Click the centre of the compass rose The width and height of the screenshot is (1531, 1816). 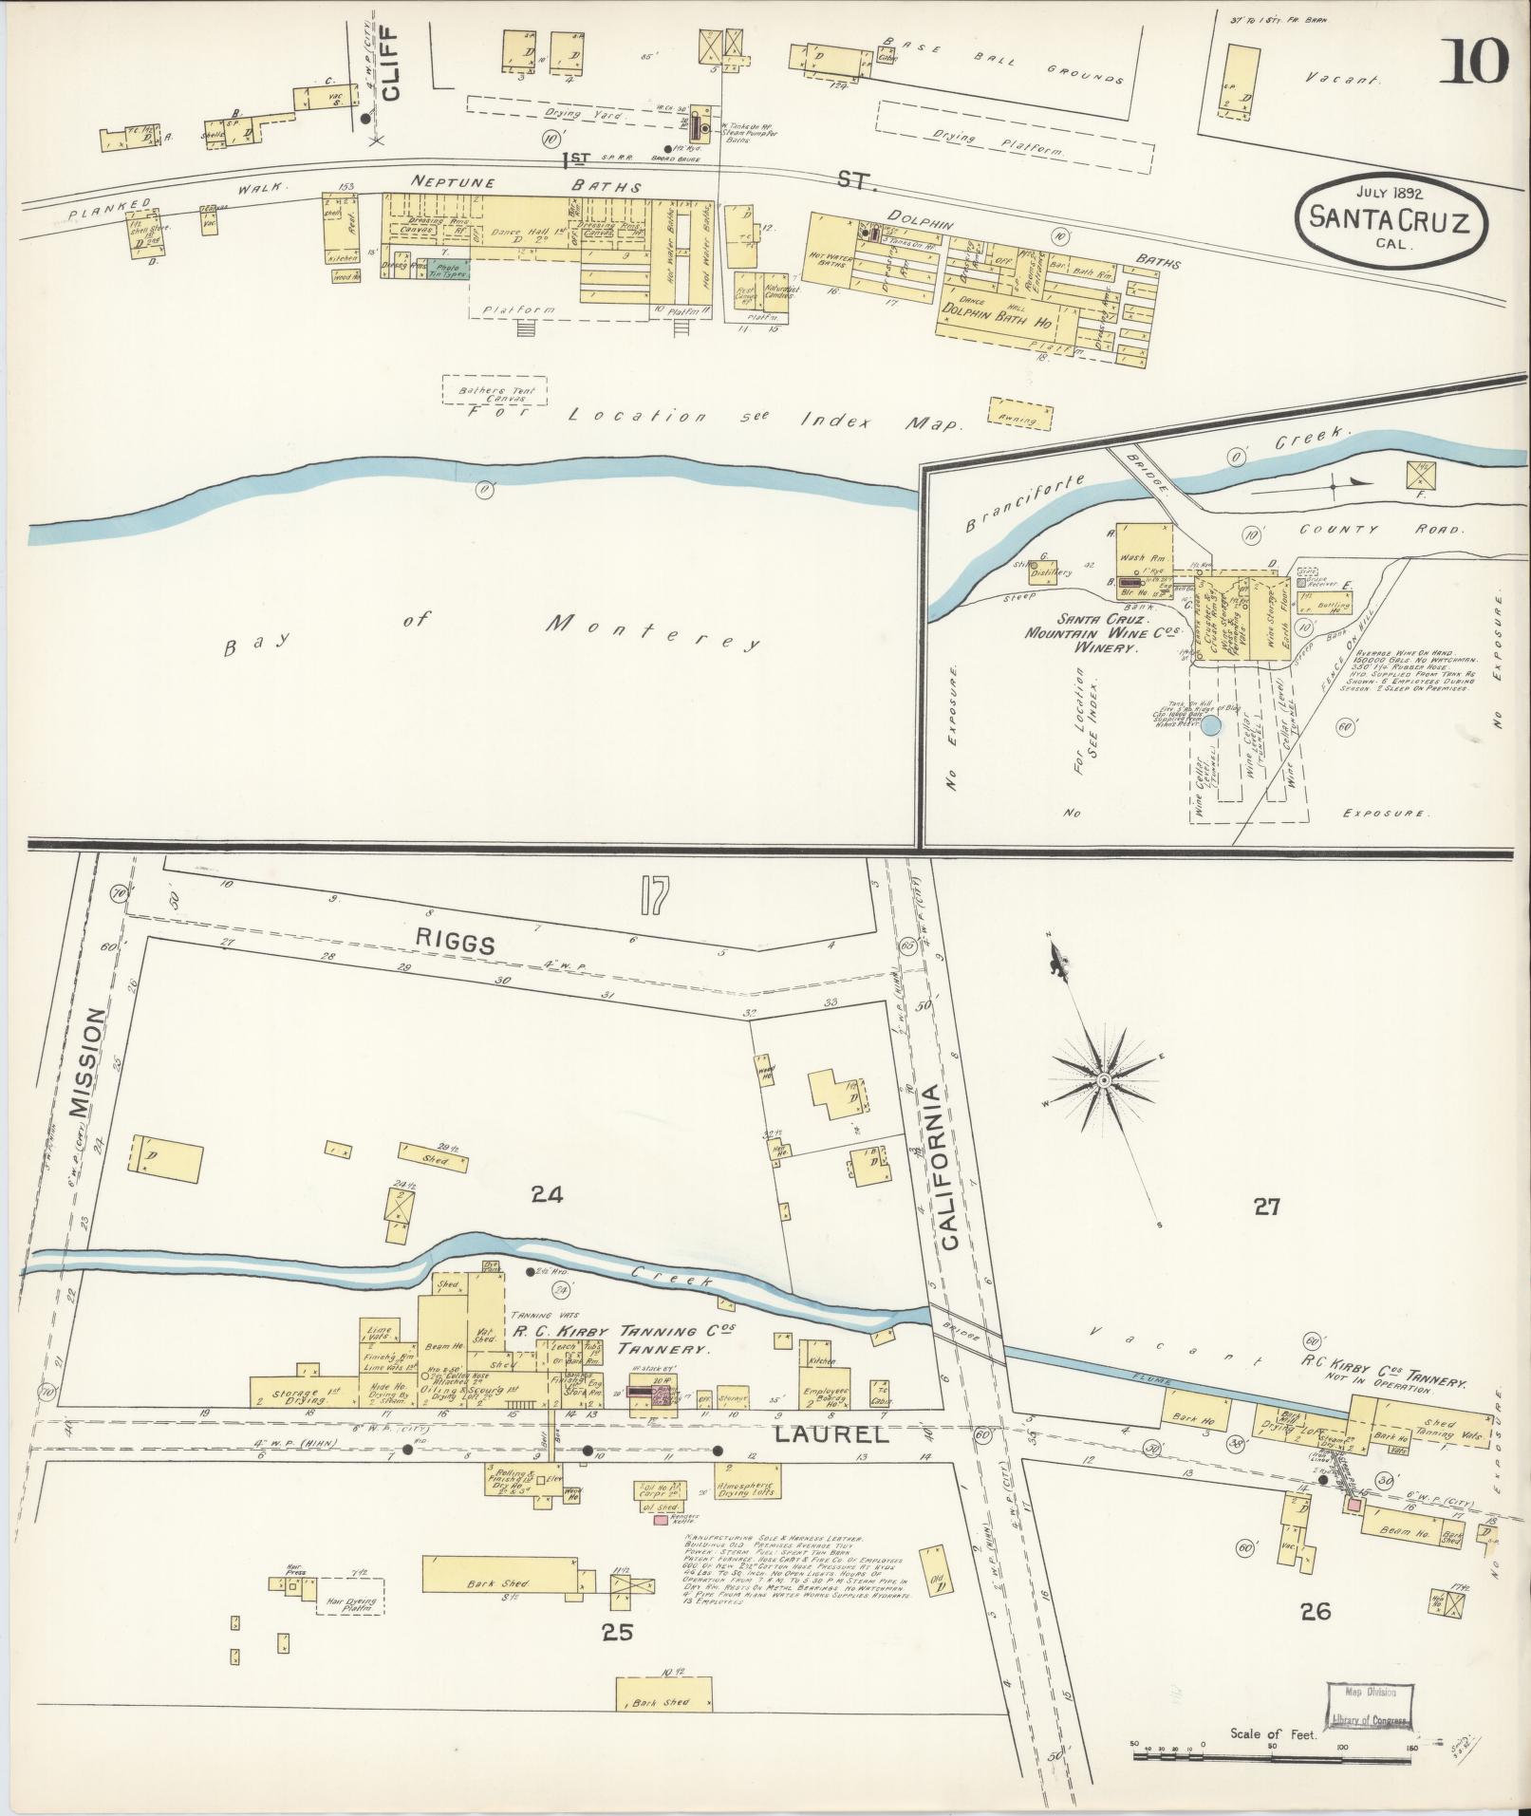pos(1104,1081)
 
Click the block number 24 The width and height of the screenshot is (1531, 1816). pos(547,1196)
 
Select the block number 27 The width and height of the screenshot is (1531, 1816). pos(1266,1207)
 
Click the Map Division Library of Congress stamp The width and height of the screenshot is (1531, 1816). pos(1368,1707)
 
